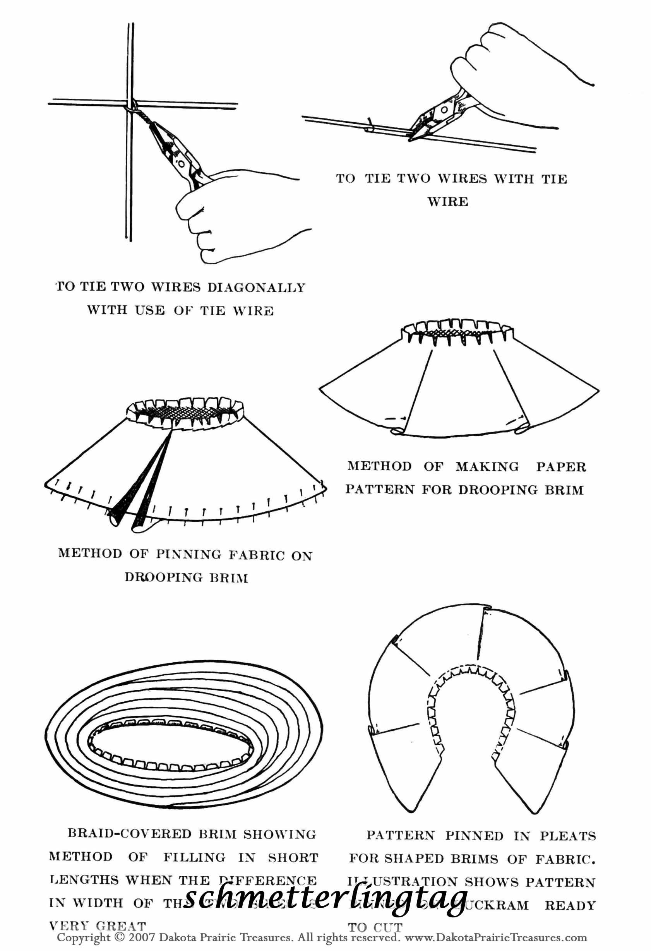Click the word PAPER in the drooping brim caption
pyautogui.click(x=560, y=466)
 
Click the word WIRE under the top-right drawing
pyautogui.click(x=448, y=201)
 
